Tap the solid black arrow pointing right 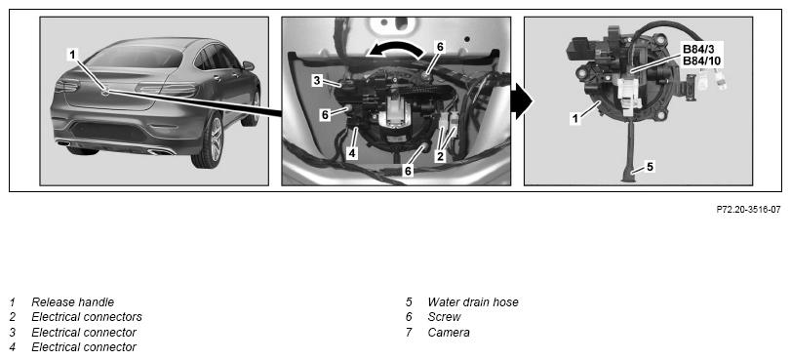point(521,101)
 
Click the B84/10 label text point(701,61)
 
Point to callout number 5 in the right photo point(650,166)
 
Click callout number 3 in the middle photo point(317,80)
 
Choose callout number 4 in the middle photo point(352,152)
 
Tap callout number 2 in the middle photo point(441,156)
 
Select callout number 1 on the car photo point(73,54)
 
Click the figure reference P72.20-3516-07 point(749,209)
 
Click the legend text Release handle point(72,301)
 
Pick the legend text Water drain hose point(473,301)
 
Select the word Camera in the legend point(449,333)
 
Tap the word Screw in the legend point(444,317)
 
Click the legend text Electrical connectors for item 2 point(87,317)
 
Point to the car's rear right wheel point(208,140)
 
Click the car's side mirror point(248,65)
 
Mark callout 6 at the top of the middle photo point(440,47)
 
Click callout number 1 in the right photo point(574,118)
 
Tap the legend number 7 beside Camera point(409,333)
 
